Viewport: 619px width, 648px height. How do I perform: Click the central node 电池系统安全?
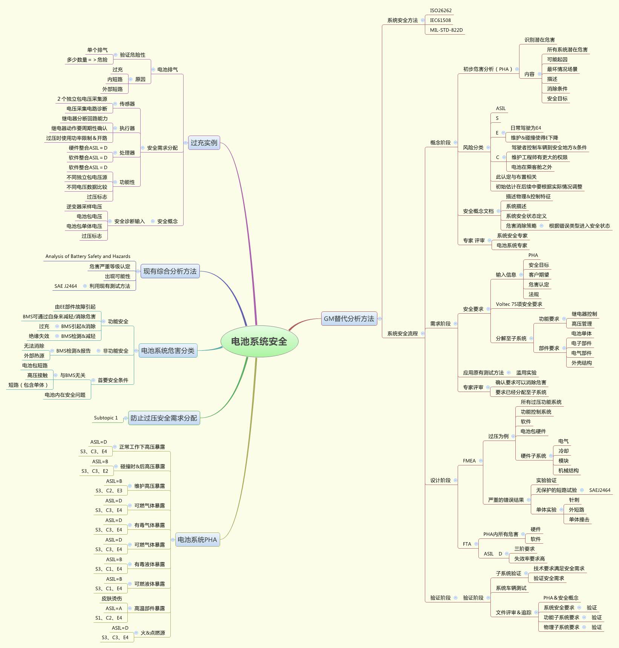click(259, 342)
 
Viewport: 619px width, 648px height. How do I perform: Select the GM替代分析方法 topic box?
click(349, 319)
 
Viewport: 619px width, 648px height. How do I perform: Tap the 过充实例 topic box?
click(204, 143)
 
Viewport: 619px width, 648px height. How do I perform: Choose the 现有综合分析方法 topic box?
click(170, 271)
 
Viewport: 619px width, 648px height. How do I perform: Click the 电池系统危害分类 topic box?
click(168, 351)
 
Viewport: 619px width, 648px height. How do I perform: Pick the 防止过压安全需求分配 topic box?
click(164, 418)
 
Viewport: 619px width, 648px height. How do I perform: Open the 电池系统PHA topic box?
click(197, 540)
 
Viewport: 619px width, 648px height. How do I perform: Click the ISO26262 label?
click(441, 11)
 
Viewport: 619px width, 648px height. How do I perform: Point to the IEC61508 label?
click(440, 20)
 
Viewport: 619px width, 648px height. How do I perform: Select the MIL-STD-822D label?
click(446, 30)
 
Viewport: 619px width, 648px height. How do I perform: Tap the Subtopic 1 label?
click(106, 418)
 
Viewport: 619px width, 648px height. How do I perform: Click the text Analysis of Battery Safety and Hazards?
click(88, 256)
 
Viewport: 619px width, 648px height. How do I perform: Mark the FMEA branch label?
click(469, 461)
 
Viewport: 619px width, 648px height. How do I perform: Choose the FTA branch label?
click(467, 544)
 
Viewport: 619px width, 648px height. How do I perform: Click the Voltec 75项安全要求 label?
click(519, 304)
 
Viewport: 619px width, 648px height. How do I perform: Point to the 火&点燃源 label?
click(153, 633)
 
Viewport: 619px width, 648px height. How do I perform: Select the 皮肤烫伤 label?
click(112, 599)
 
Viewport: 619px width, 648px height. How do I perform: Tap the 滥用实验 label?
click(526, 373)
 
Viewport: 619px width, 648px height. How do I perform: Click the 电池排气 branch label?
click(167, 70)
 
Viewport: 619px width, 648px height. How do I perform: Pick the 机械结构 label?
click(568, 471)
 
